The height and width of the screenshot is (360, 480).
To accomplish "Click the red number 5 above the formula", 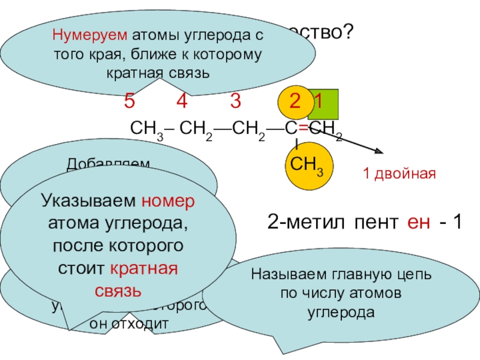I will click(129, 101).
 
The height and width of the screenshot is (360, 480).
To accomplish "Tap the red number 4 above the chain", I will click(181, 101).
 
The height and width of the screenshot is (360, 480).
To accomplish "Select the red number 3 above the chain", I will click(235, 101).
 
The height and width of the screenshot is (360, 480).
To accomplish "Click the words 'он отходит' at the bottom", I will click(128, 323).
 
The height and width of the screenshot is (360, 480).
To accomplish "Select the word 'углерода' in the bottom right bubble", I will click(341, 313).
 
